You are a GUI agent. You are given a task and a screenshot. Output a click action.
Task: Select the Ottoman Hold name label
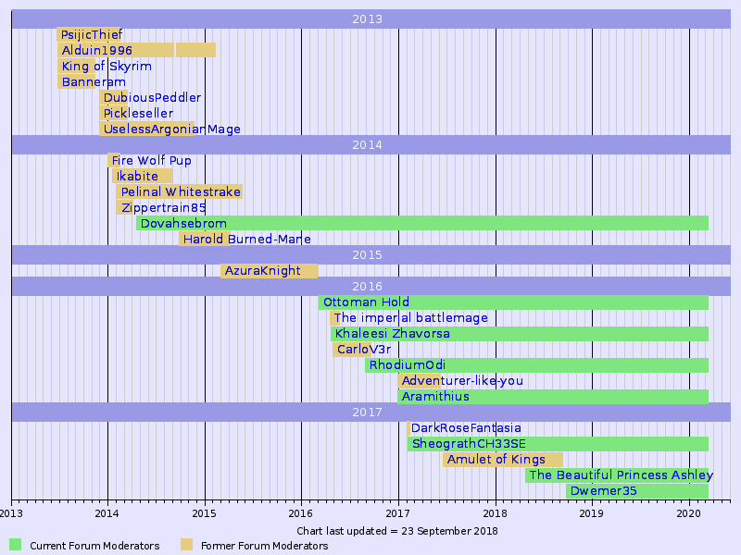point(366,302)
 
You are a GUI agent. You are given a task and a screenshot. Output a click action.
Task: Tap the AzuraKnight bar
point(269,271)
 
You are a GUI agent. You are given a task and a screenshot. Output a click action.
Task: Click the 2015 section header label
point(367,254)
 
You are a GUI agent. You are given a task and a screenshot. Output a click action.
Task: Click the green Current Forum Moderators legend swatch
point(15,545)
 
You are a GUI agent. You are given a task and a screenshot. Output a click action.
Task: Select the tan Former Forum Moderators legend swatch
point(186,545)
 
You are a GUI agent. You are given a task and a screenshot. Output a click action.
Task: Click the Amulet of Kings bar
point(502,460)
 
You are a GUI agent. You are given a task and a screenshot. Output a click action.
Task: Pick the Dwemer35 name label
point(603,491)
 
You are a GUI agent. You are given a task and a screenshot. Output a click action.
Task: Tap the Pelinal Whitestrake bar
point(180,191)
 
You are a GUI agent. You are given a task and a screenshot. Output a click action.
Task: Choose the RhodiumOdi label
point(407,365)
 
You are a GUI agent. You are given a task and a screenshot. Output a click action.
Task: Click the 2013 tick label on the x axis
point(11,513)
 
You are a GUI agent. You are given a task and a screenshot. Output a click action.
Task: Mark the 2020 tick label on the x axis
point(689,513)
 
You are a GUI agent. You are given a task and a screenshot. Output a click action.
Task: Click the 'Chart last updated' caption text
point(397,531)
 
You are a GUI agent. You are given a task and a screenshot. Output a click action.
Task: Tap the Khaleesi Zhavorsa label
point(393,334)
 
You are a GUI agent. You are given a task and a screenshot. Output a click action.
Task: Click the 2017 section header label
point(367,412)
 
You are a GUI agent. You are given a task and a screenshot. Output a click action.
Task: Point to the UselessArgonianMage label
point(171,129)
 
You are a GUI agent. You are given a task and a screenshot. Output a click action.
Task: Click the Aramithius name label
point(435,397)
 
